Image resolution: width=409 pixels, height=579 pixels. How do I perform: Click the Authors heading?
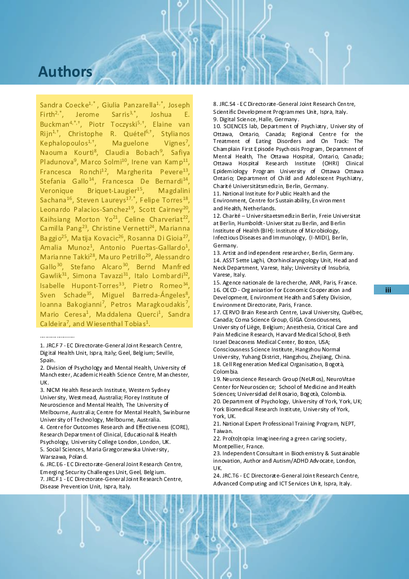pyautogui.click(x=65, y=72)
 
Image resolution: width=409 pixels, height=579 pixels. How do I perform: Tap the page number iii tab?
pyautogui.click(x=388, y=290)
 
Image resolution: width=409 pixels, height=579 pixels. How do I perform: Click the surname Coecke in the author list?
pyautogui.click(x=75, y=105)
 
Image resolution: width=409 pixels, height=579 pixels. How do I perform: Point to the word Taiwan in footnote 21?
pyautogui.click(x=223, y=431)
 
